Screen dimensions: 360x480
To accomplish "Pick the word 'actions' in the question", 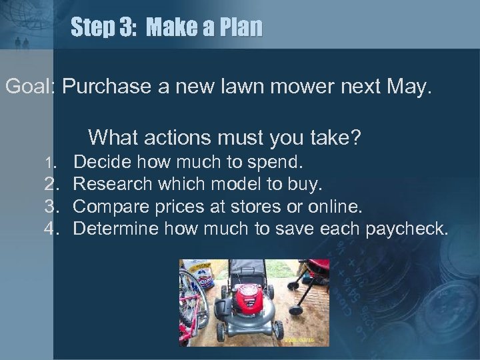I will (184, 138).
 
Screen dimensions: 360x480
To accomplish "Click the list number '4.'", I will (53, 229).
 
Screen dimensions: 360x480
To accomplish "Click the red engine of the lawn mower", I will (251, 303).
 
